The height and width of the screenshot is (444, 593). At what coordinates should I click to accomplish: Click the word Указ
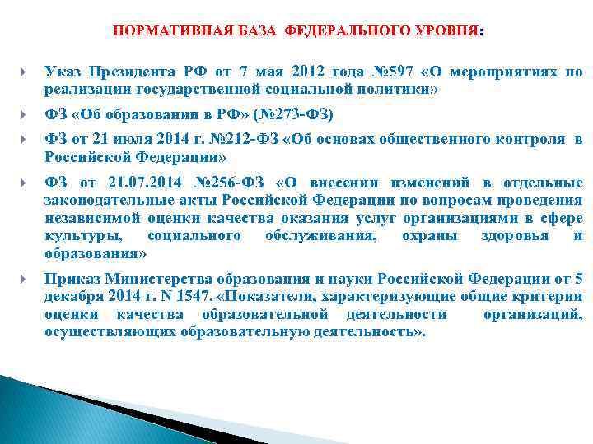pos(63,72)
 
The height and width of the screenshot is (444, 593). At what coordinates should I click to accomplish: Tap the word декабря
pos(73,296)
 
